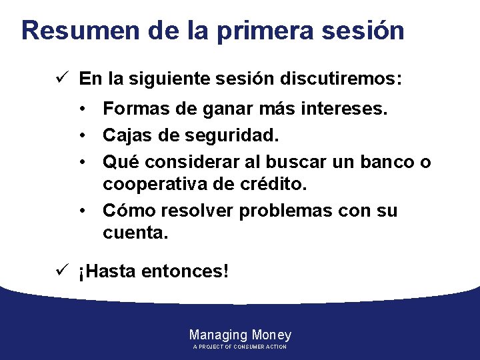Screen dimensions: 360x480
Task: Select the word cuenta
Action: pyautogui.click(x=135, y=233)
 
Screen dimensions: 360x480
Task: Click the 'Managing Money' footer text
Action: pyautogui.click(x=240, y=335)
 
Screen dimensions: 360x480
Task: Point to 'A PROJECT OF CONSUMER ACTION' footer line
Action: pyautogui.click(x=240, y=347)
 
